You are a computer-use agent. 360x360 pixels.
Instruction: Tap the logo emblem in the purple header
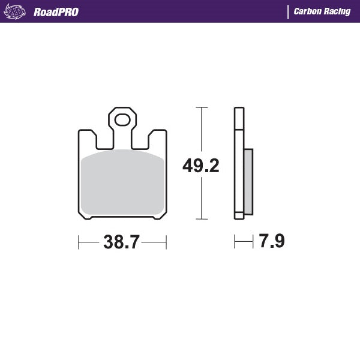(x=16, y=11)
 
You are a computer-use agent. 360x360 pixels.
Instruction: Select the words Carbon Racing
(x=322, y=11)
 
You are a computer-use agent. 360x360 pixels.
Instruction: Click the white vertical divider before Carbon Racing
(x=288, y=11)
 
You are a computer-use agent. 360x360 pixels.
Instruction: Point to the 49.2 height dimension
(x=200, y=166)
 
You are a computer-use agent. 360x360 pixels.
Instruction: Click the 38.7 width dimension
(x=122, y=242)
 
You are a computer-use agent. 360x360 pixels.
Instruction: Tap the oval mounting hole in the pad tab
(x=122, y=119)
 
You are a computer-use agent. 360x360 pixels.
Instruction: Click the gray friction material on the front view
(x=122, y=182)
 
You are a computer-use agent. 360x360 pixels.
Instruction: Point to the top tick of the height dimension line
(x=201, y=108)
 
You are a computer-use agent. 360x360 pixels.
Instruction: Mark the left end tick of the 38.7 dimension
(x=79, y=242)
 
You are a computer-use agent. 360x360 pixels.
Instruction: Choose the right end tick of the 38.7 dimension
(x=166, y=242)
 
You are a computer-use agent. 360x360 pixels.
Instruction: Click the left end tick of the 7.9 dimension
(x=235, y=242)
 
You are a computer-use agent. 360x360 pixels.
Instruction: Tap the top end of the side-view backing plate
(x=239, y=110)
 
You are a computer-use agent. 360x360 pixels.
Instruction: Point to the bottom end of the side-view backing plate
(x=239, y=218)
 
